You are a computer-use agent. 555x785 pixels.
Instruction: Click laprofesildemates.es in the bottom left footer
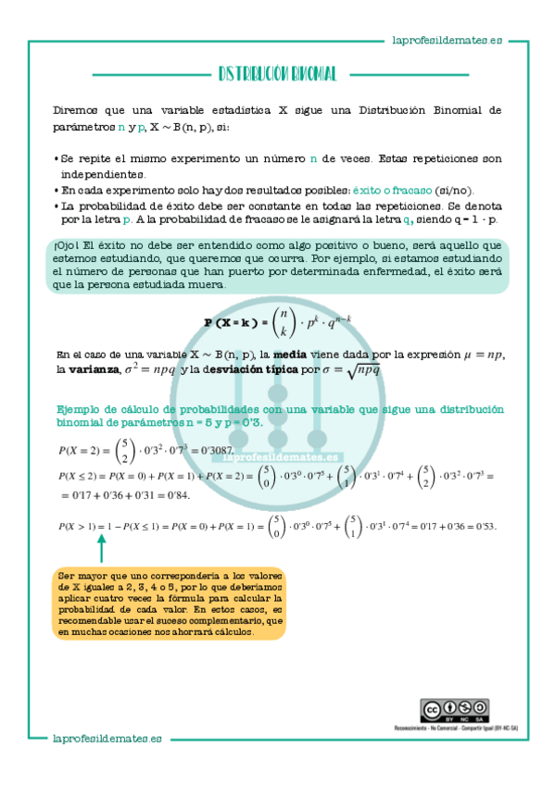coord(107,738)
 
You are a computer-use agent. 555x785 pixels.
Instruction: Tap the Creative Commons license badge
coord(455,709)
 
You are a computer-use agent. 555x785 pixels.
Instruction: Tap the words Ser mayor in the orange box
coord(75,574)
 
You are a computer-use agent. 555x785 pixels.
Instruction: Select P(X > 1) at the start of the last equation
coord(79,527)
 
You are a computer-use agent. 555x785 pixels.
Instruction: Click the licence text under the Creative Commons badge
coord(455,728)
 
